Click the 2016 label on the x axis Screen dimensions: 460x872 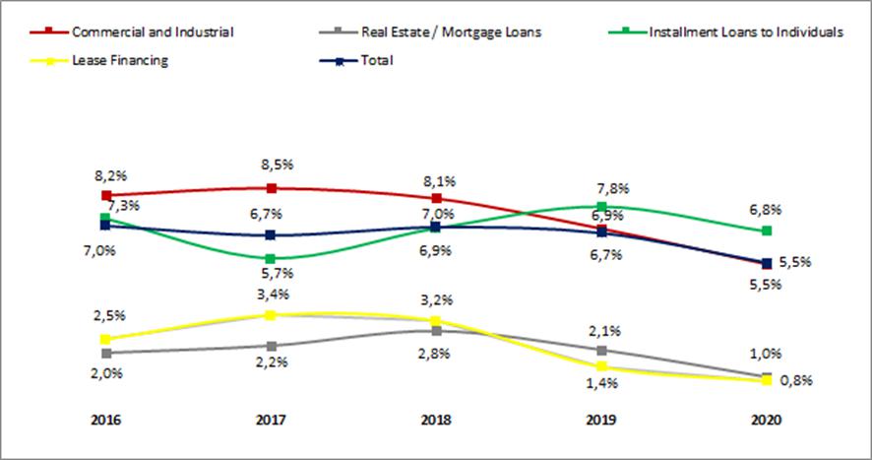click(104, 420)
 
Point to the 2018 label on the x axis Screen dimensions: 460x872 click(436, 420)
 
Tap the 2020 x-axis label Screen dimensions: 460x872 click(767, 420)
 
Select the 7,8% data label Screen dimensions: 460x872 click(613, 188)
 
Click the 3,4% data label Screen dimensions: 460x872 click(271, 293)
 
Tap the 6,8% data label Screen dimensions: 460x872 click(765, 209)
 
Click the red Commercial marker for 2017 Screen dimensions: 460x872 click(271, 187)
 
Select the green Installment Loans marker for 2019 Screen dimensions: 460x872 click(601, 207)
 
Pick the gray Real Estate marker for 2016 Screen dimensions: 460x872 click(105, 352)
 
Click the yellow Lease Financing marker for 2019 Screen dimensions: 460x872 click(601, 367)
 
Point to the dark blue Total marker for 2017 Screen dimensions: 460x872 click(271, 235)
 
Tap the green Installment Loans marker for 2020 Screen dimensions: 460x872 click(767, 230)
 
